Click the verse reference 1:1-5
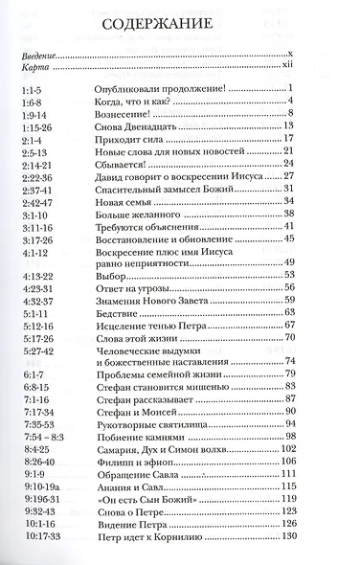point(30,89)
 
